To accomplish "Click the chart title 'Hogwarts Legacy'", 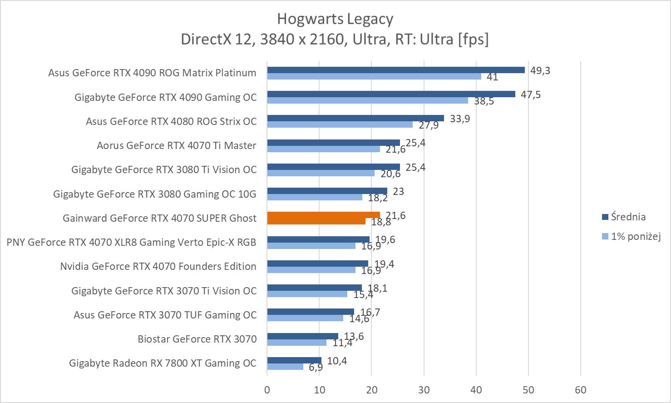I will click(x=335, y=19).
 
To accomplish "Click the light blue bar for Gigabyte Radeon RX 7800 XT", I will click(x=285, y=367).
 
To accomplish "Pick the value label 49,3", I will click(x=540, y=70).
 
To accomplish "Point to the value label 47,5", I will click(x=530, y=95).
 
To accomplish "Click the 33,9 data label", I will click(x=459, y=119).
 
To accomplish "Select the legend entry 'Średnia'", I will click(x=628, y=217).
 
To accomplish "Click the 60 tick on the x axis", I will click(x=580, y=390).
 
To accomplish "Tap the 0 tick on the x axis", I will click(x=267, y=390).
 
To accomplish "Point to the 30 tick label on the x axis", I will click(x=424, y=390).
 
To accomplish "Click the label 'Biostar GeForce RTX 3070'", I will click(x=197, y=339).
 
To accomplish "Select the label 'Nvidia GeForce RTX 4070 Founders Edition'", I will click(x=158, y=266).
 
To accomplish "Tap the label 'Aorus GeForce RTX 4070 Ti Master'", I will click(x=176, y=145).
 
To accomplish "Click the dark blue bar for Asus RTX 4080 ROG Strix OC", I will click(x=355, y=118).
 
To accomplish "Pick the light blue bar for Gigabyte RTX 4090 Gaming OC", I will click(x=367, y=100).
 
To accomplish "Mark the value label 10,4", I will click(x=337, y=361).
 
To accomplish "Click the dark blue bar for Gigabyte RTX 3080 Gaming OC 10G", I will click(x=327, y=191).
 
